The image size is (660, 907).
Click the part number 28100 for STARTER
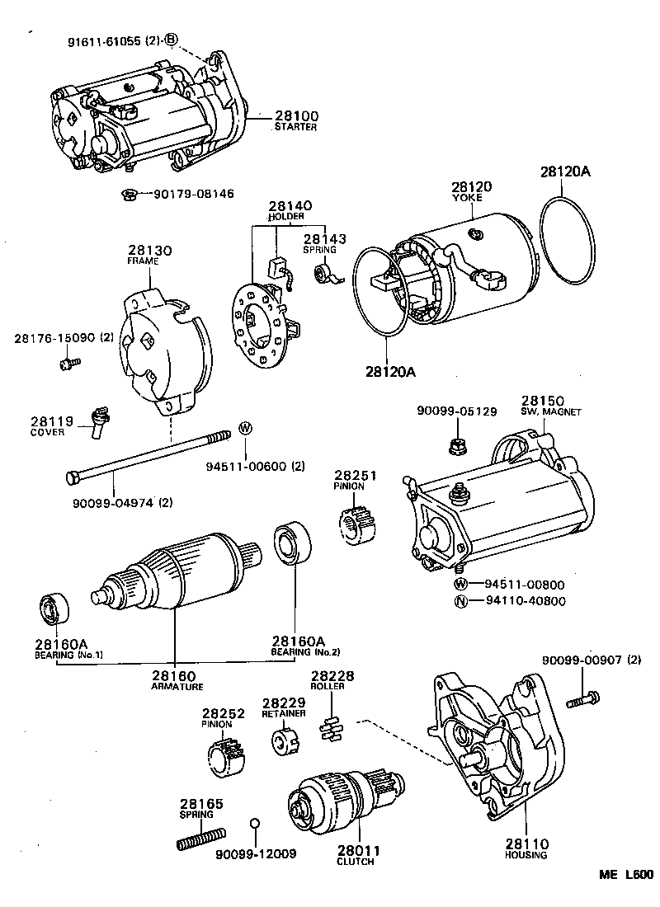294,116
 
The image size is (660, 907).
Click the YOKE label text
471,199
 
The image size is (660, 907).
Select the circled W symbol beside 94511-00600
245,427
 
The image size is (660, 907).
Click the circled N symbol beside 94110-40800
462,600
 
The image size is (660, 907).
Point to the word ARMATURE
177,685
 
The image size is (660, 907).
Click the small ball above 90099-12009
256,824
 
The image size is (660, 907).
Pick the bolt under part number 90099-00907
582,700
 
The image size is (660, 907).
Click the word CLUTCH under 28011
355,862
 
